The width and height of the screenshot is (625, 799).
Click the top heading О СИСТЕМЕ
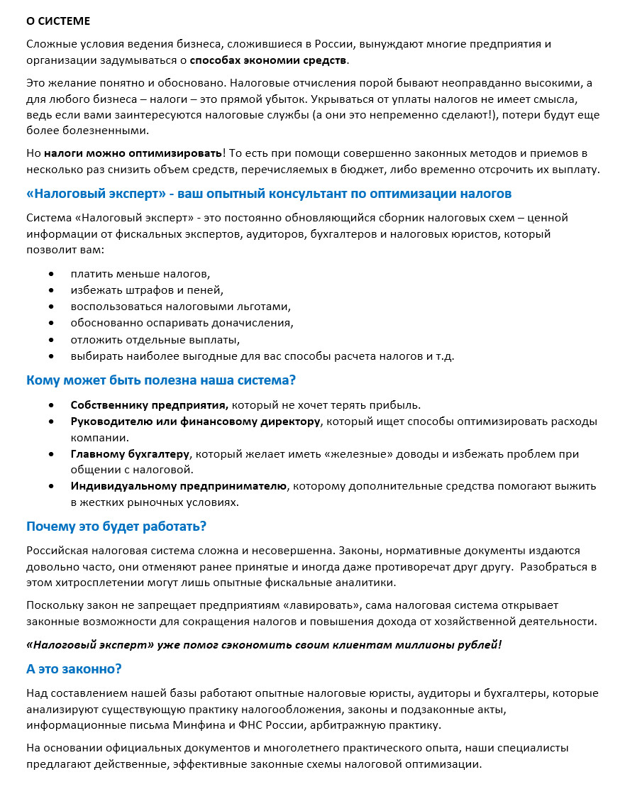pyautogui.click(x=58, y=21)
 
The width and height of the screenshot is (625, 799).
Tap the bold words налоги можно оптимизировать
pyautogui.click(x=133, y=153)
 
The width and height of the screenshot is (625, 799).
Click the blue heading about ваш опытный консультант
pyautogui.click(x=269, y=194)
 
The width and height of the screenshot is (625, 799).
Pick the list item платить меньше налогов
pyautogui.click(x=140, y=273)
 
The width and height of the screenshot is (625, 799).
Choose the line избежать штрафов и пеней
pyautogui.click(x=147, y=290)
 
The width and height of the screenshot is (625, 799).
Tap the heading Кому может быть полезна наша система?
pyautogui.click(x=161, y=380)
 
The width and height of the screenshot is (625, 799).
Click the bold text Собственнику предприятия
pyautogui.click(x=149, y=405)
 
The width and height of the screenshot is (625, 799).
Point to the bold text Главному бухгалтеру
pyautogui.click(x=131, y=454)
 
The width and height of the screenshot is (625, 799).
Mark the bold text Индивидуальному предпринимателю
pyautogui.click(x=179, y=486)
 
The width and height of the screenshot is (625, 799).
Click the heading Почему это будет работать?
pyautogui.click(x=116, y=527)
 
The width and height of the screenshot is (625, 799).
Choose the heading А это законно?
pyautogui.click(x=74, y=669)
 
